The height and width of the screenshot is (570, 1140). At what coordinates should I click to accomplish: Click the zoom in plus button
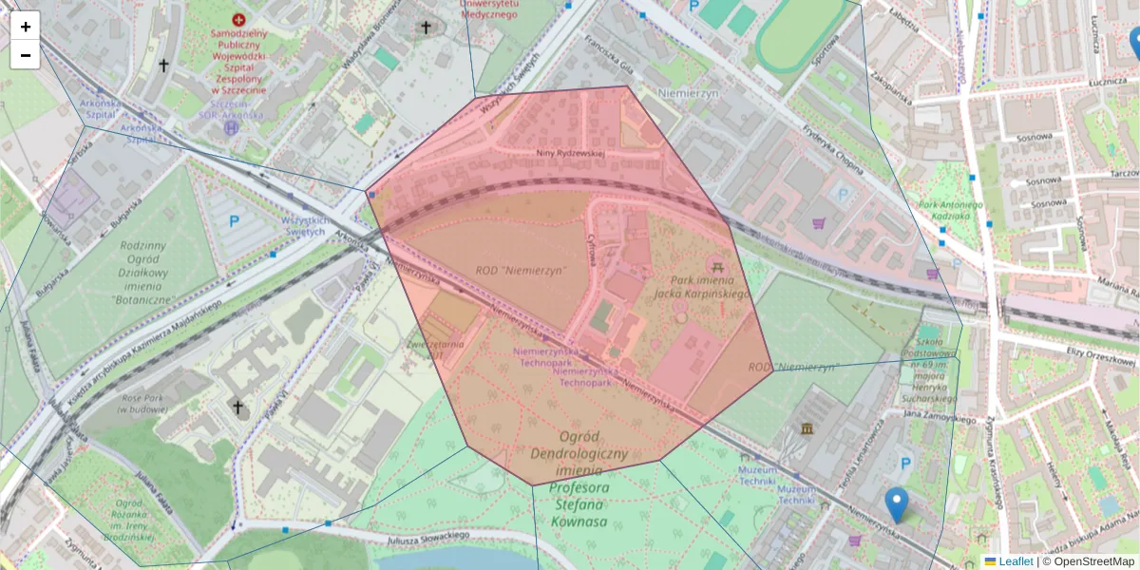click(x=26, y=27)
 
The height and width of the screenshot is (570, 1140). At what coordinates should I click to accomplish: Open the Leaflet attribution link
click(x=1015, y=561)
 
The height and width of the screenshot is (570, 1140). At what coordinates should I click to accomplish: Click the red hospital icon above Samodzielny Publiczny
click(x=238, y=19)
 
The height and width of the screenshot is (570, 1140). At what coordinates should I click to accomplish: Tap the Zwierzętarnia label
click(x=435, y=344)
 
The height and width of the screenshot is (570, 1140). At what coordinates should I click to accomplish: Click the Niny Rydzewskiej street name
click(x=570, y=153)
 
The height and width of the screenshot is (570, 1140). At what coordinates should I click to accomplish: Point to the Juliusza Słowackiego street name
click(x=429, y=537)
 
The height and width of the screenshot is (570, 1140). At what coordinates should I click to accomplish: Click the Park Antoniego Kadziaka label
click(x=941, y=210)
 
